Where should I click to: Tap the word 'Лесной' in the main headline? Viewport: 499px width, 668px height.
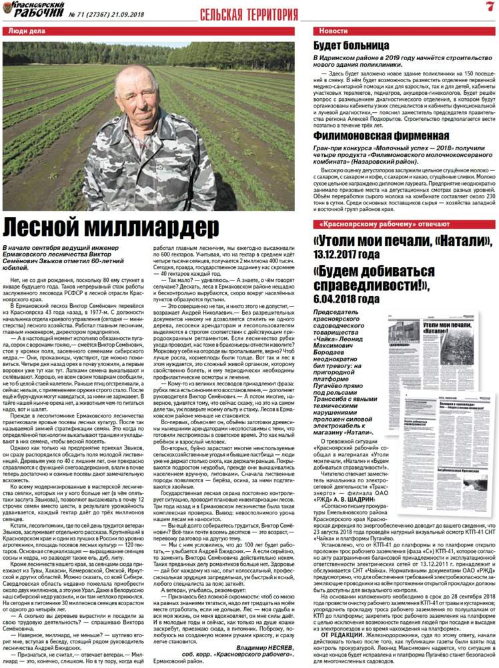[x=41, y=224]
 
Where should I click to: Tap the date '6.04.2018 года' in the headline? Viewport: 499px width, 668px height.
[x=348, y=298]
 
